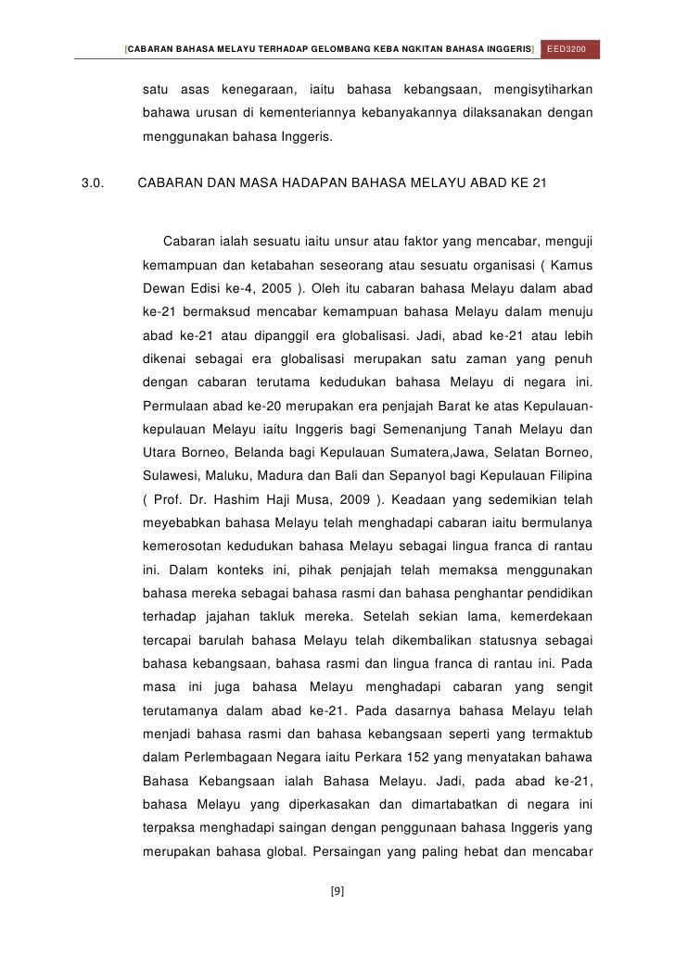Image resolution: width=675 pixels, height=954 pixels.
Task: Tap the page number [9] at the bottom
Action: coord(337,891)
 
